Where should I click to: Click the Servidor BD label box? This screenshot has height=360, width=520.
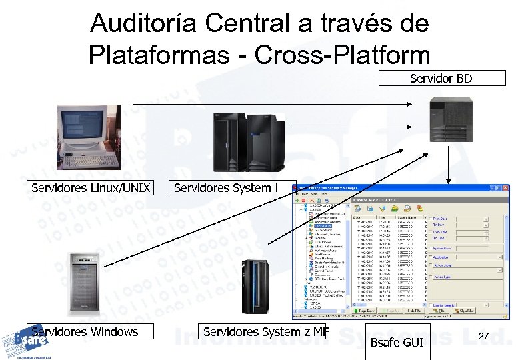tap(441, 79)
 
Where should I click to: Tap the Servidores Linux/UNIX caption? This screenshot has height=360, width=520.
tap(91, 187)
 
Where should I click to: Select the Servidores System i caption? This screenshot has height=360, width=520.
tap(226, 187)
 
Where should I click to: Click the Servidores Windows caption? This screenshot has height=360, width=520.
tap(85, 331)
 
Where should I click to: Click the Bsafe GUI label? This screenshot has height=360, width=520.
tap(397, 343)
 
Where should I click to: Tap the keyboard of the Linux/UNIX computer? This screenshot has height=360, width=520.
tap(85, 161)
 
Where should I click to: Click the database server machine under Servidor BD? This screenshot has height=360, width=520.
tap(453, 118)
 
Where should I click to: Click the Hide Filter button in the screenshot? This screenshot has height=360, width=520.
tap(414, 311)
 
